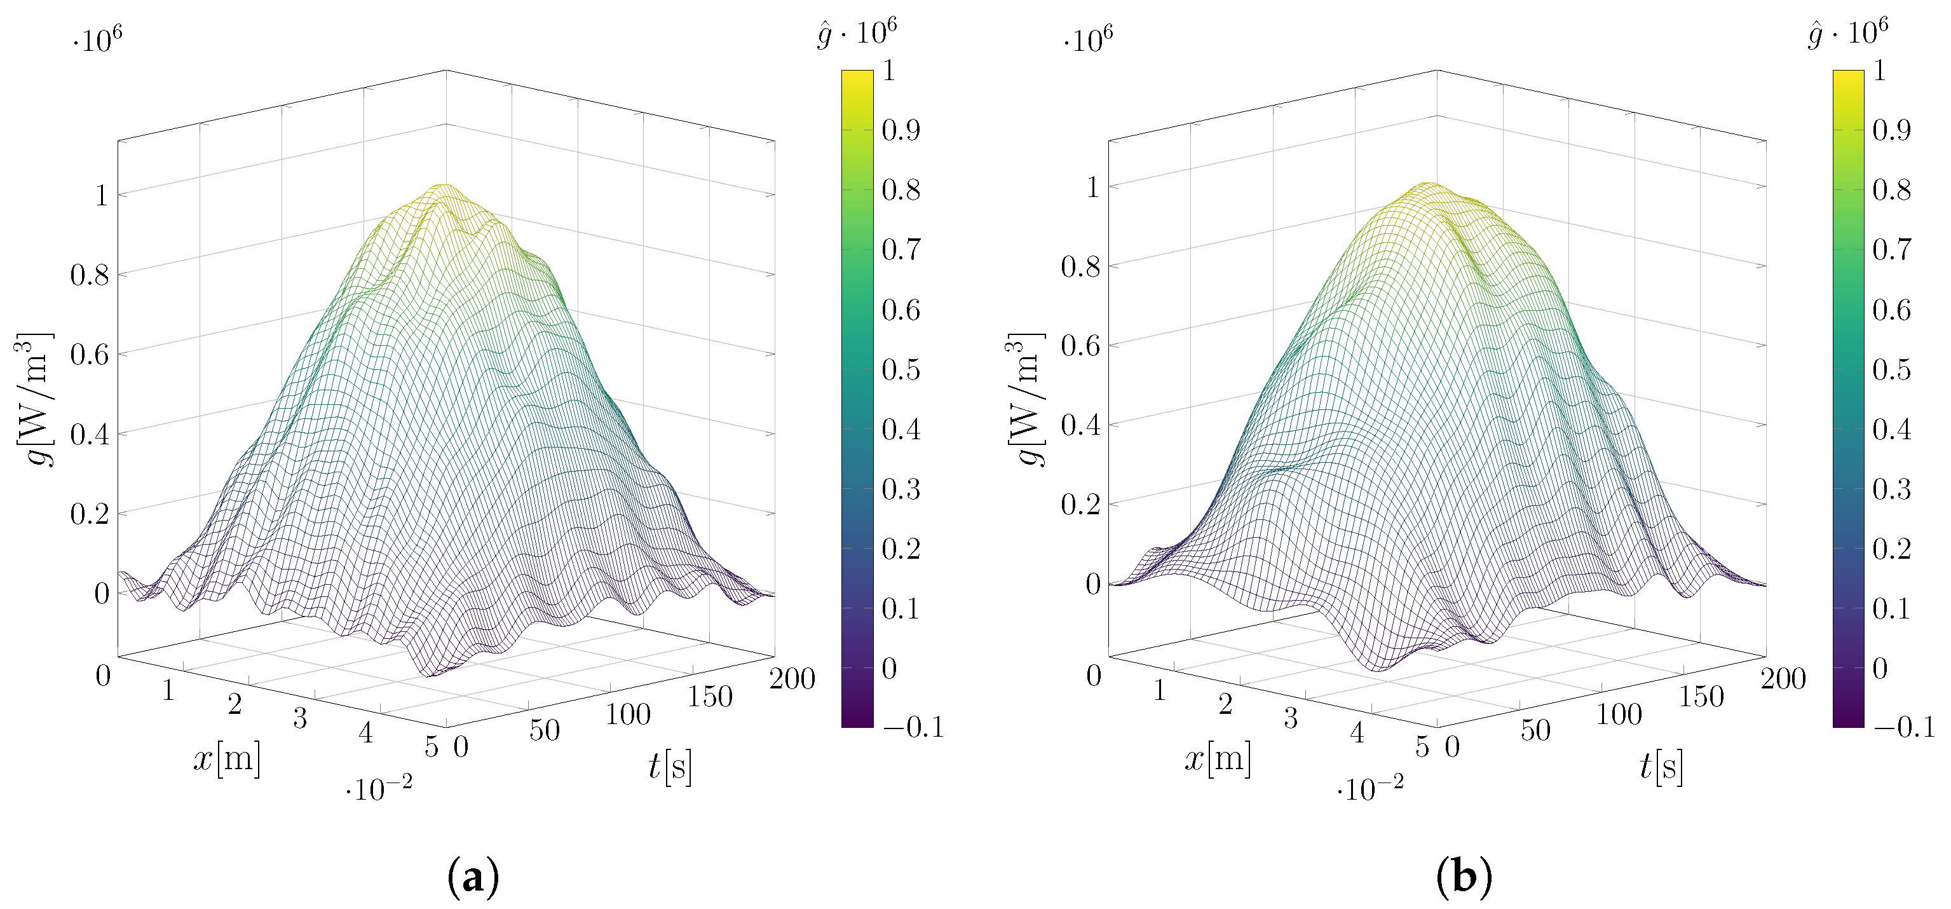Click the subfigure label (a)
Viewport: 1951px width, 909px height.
tap(473, 877)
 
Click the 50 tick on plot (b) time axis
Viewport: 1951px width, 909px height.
tap(1535, 730)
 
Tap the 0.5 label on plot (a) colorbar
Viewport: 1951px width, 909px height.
tap(901, 370)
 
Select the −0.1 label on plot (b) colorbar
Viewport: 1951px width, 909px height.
tap(1904, 727)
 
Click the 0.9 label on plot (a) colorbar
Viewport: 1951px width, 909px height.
tap(901, 130)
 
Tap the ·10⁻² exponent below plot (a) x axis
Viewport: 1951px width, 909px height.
tap(379, 789)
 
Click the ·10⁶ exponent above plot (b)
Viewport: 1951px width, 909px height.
tap(1087, 39)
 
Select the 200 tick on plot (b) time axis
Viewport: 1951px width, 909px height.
tap(1783, 679)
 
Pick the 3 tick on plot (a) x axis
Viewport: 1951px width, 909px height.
tap(300, 718)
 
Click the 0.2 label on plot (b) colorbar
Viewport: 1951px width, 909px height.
tap(1891, 549)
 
